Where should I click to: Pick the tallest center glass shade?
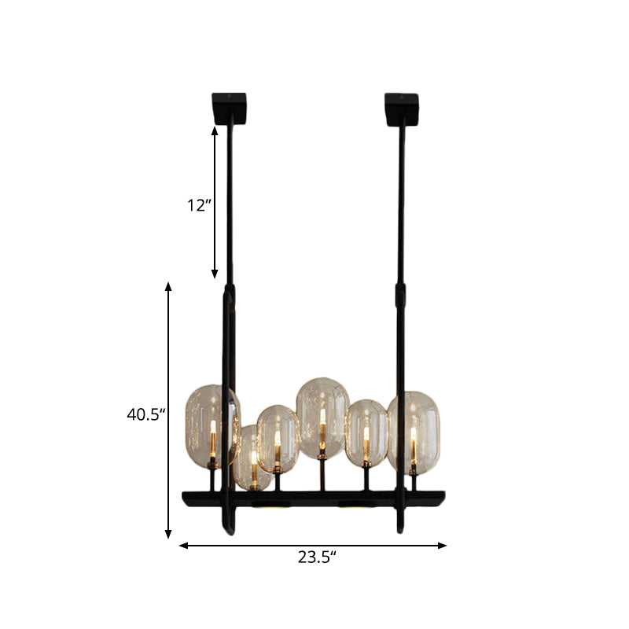(322, 417)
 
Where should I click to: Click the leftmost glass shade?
(209, 425)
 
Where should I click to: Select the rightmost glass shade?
(414, 431)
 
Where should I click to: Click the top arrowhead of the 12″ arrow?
(215, 129)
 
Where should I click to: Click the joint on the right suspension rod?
(400, 296)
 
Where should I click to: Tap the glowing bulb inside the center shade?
(322, 425)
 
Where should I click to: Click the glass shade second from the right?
(366, 435)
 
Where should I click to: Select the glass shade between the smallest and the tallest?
(278, 438)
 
